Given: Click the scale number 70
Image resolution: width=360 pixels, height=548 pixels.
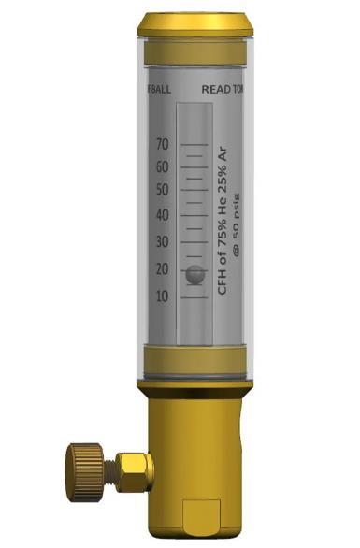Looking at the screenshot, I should [x=163, y=145].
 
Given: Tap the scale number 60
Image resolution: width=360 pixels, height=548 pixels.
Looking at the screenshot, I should [x=163, y=167].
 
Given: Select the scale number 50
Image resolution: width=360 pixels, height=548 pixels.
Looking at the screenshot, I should [x=163, y=190].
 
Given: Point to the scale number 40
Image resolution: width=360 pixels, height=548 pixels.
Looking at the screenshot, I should [x=163, y=215].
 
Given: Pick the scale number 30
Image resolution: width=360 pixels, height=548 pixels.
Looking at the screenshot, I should [x=163, y=243].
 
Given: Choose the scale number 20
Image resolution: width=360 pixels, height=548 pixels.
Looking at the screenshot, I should [x=163, y=270].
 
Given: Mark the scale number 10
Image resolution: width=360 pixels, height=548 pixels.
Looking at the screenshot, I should [x=163, y=296].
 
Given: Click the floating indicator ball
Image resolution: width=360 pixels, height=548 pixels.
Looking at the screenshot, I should [x=194, y=275].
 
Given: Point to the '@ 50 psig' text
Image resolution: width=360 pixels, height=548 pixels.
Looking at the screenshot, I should [x=237, y=224].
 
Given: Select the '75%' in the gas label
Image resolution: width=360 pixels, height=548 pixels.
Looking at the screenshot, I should [x=223, y=243].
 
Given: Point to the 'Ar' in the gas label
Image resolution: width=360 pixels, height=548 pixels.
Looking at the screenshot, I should [x=223, y=154].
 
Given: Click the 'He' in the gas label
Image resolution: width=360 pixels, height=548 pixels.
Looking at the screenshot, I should [x=223, y=211].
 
